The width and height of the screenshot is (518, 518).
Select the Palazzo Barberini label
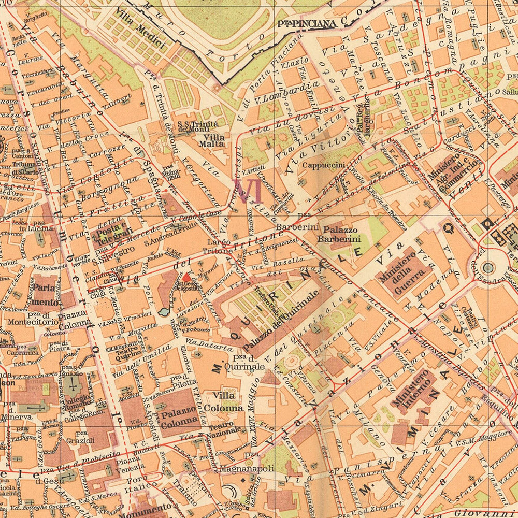coord(339,234)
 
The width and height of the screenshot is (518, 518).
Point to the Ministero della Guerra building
coord(402,274)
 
